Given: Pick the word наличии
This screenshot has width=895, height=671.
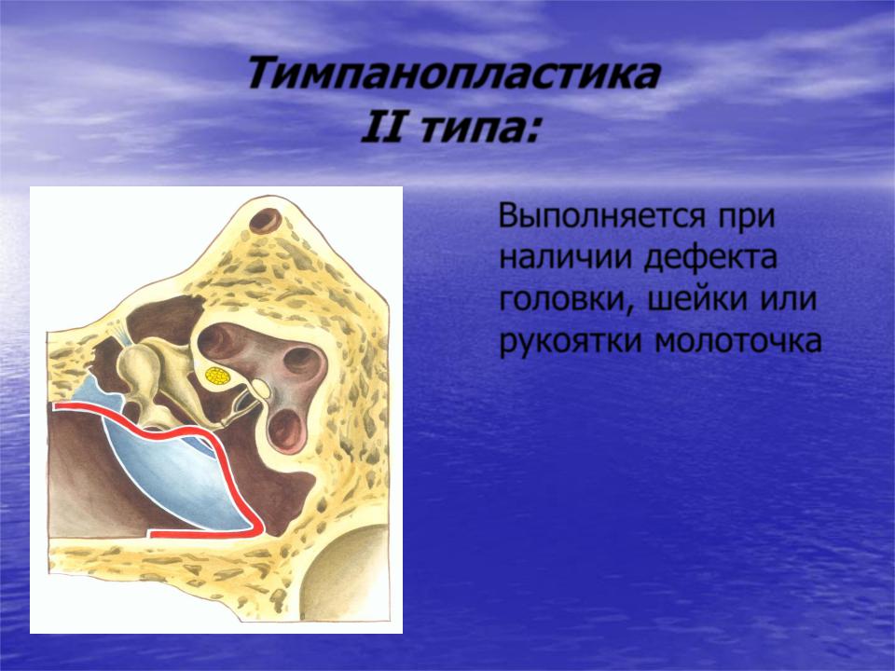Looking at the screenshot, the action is click(x=565, y=259).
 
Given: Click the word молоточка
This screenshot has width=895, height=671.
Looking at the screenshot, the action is click(x=738, y=342).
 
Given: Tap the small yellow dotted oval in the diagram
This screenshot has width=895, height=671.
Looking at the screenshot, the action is click(x=217, y=376).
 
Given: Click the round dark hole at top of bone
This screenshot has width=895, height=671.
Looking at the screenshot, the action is click(x=266, y=221).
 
